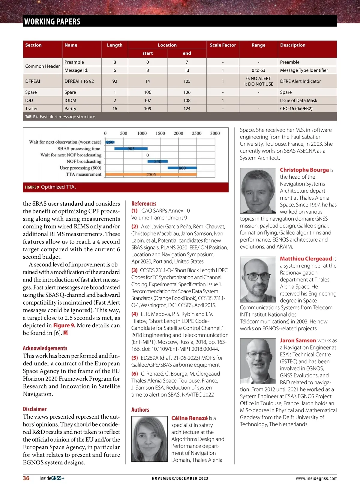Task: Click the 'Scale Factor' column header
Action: (x=223, y=45)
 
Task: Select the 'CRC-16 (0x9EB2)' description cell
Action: (x=296, y=109)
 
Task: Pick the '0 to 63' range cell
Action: (x=258, y=70)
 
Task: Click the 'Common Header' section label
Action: (x=42, y=66)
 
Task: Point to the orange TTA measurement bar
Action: (x=151, y=174)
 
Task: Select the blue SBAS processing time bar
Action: (x=131, y=148)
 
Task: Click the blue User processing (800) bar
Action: (x=182, y=168)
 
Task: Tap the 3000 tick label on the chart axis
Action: (x=215, y=133)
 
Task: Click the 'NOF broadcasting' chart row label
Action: (x=84, y=161)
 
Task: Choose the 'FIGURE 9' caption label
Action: (x=32, y=187)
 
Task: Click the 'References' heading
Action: (x=144, y=204)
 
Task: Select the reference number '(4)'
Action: (x=134, y=314)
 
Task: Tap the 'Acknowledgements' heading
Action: (x=45, y=348)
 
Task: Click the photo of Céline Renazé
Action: (x=149, y=439)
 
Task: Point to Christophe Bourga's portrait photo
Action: (x=258, y=190)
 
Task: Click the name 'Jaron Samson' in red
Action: (x=298, y=341)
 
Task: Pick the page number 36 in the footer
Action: (x=26, y=478)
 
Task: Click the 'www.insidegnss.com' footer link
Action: (x=316, y=478)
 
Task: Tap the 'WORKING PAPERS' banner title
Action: (x=52, y=22)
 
